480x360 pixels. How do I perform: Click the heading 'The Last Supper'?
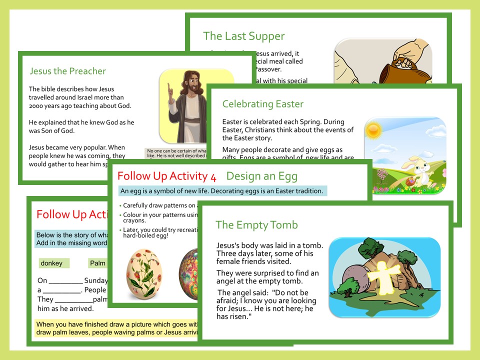tap(243, 36)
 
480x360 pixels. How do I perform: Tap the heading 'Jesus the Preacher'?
tap(67, 71)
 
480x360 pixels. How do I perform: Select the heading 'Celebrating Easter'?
tap(262, 104)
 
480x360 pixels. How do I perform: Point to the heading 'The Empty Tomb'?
tap(256, 224)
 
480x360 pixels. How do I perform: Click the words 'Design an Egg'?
tap(261, 176)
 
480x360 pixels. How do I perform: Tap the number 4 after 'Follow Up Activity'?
tap(214, 176)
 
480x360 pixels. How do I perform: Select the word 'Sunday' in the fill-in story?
tap(96, 280)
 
